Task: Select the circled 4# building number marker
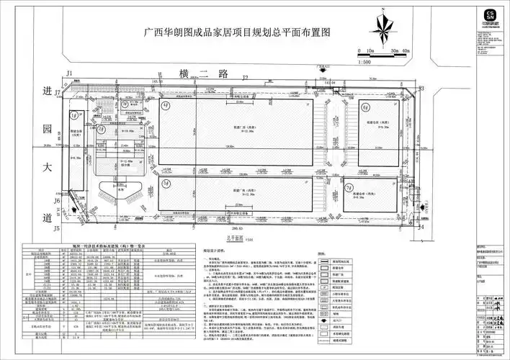[x=166, y=105]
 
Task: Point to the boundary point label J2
[x=245, y=76]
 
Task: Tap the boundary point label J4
[x=422, y=228]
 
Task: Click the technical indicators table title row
[x=116, y=246]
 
